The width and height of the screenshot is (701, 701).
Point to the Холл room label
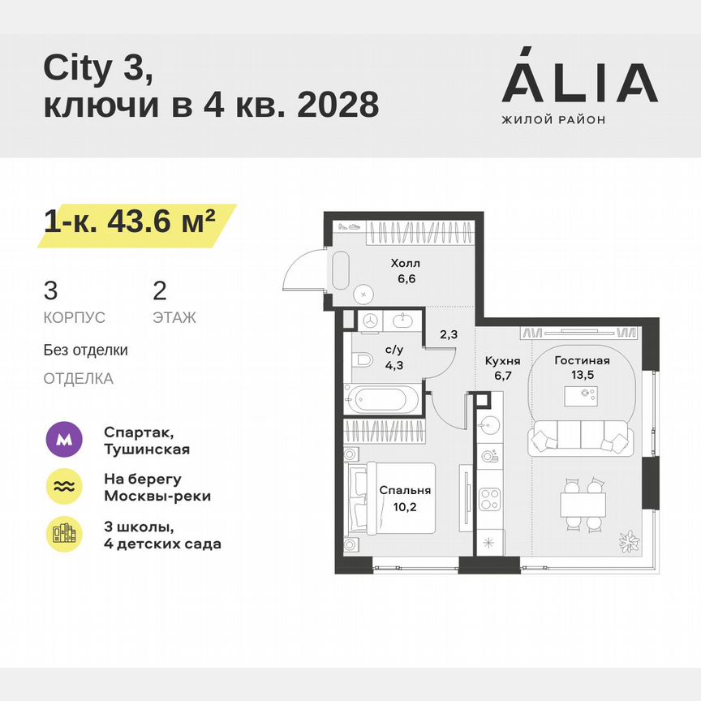coord(405,264)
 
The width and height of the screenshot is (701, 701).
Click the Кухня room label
coord(502,361)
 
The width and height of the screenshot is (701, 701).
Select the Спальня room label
coord(404,490)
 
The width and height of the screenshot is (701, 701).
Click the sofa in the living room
coord(579,440)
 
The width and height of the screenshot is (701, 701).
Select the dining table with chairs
coord(583,504)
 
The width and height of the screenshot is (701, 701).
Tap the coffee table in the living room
coord(582,395)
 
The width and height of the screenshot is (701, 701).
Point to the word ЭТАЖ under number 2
coord(174,317)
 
